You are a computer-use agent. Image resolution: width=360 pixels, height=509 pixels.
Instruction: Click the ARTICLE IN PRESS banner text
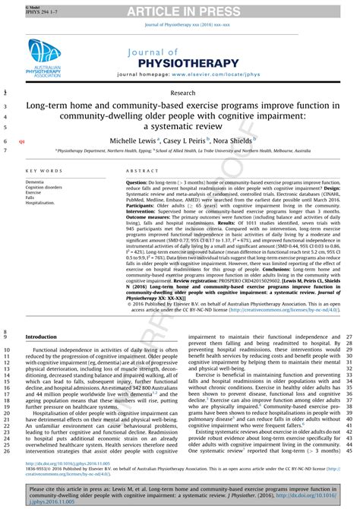[179, 10]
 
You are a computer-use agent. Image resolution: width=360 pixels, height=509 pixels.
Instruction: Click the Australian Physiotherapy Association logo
[46, 58]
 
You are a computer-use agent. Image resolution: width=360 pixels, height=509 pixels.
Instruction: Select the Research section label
[179, 93]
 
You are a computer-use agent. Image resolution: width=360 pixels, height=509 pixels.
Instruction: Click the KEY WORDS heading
[44, 172]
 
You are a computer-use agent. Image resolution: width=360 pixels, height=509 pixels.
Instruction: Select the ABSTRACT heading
[141, 172]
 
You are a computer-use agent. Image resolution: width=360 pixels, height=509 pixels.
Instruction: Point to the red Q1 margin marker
[21, 142]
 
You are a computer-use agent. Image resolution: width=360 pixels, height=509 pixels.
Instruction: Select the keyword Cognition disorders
[45, 188]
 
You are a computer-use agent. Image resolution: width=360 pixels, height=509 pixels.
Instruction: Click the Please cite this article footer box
[179, 494]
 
